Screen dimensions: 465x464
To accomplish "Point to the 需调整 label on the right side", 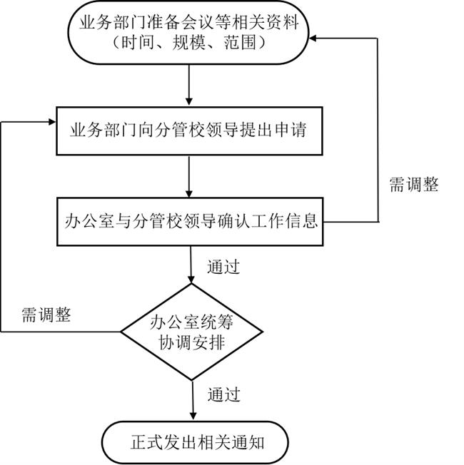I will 414,185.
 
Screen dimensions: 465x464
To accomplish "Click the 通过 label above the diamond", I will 223,267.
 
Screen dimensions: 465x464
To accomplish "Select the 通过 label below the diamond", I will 223,394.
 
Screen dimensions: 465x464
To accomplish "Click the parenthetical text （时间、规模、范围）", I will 189,44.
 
